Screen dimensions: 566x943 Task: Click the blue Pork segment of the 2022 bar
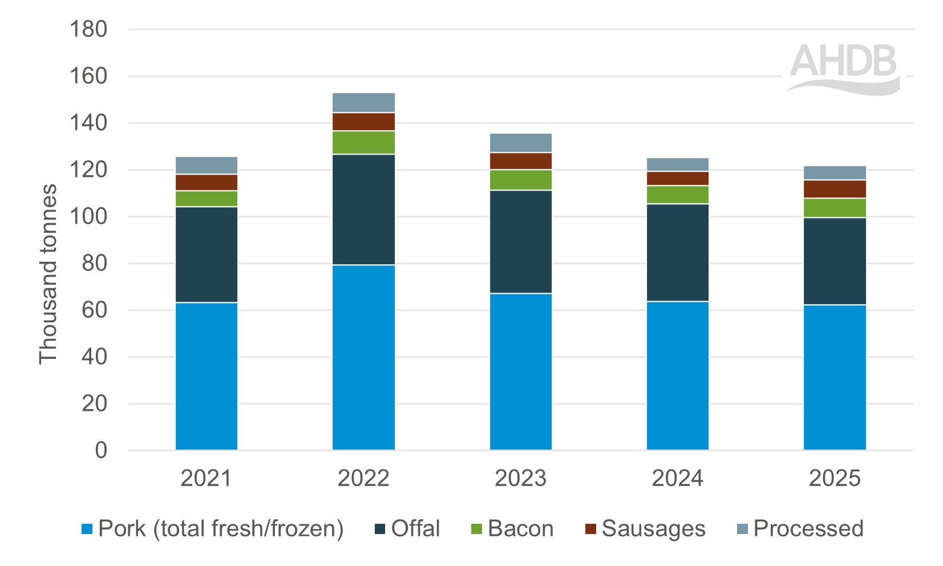pos(363,357)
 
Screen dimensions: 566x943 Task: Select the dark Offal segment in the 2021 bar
pos(207,254)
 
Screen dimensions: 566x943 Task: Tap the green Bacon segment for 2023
pos(521,180)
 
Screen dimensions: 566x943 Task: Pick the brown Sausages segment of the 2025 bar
pos(835,189)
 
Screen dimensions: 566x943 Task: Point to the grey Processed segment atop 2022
pos(363,103)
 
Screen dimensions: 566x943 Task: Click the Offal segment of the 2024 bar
pos(678,252)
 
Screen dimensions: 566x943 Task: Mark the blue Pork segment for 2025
pos(835,377)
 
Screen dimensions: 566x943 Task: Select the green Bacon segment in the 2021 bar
pos(207,199)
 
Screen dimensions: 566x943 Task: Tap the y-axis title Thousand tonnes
pos(48,274)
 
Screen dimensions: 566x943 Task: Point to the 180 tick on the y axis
pos(88,29)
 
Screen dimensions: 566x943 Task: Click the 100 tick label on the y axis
pos(88,217)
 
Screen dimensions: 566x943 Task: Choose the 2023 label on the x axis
pos(520,478)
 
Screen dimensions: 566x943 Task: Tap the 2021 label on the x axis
pos(206,478)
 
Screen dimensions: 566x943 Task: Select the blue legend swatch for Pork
pos(87,529)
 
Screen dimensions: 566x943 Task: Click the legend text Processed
pos(808,528)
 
